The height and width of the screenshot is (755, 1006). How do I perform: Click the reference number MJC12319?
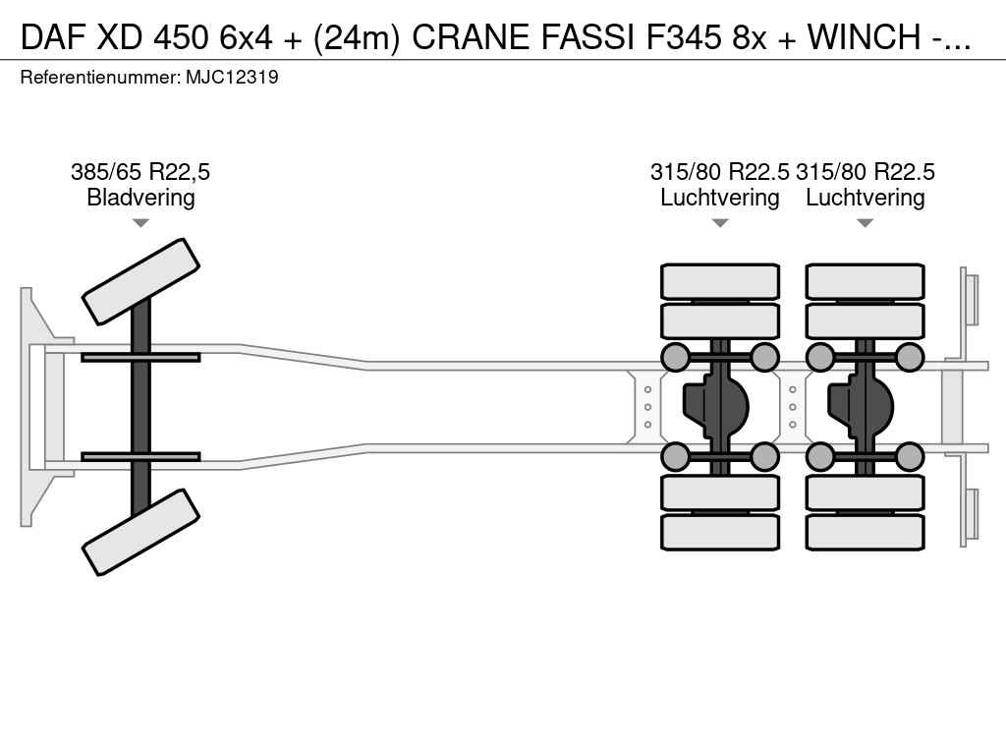(232, 77)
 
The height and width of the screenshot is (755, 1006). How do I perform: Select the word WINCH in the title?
(865, 36)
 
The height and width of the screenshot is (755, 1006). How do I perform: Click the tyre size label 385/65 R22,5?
(140, 172)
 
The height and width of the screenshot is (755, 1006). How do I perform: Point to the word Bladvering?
(140, 198)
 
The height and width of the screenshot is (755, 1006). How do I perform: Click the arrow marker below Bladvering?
(140, 223)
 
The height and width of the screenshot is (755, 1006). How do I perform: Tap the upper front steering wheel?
(140, 281)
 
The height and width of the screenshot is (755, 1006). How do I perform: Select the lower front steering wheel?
(140, 532)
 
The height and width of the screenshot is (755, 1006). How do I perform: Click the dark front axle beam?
(140, 406)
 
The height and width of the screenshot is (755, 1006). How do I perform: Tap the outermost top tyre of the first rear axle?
(720, 282)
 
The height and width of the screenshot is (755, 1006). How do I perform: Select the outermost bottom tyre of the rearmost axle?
(866, 532)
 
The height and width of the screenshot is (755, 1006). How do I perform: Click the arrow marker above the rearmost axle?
(866, 223)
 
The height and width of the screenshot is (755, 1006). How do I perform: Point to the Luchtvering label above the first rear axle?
(720, 198)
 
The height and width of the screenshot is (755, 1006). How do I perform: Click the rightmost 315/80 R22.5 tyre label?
(866, 172)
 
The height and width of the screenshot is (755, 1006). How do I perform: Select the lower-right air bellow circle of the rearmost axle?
(911, 456)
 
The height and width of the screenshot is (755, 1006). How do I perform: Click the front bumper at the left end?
(35, 406)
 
